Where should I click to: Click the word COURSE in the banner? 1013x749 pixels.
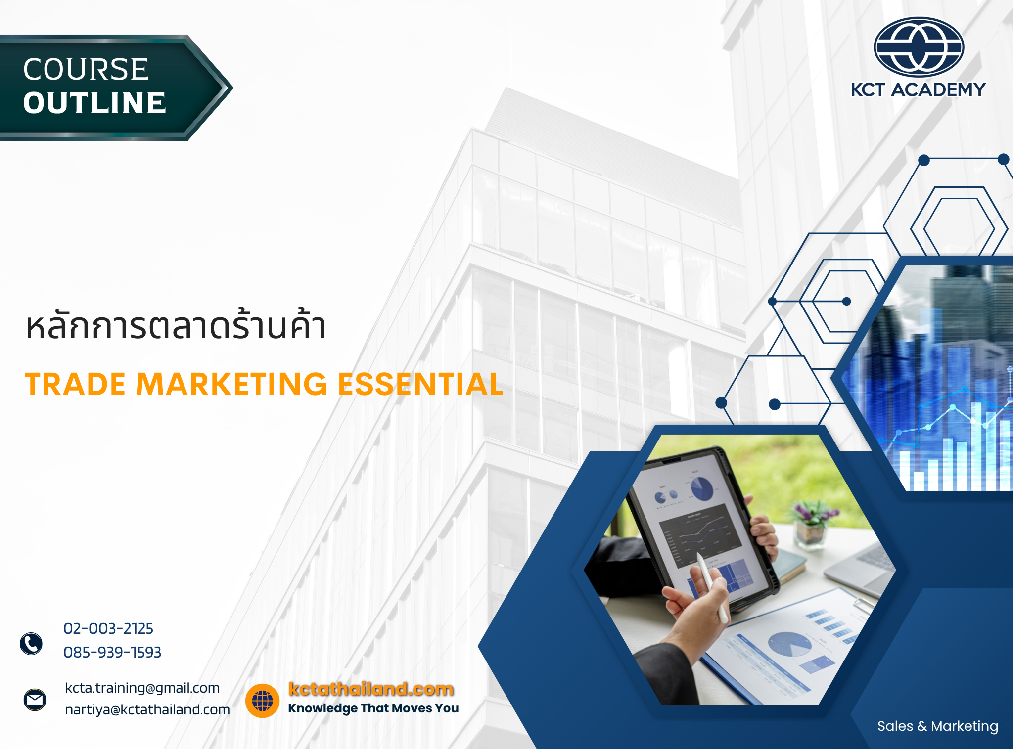(x=86, y=69)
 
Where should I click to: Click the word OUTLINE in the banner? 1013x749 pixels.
(x=94, y=103)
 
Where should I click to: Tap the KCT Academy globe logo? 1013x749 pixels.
(x=919, y=47)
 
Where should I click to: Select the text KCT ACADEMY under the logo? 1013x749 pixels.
(x=918, y=90)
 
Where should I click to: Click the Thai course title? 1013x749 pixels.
(x=176, y=326)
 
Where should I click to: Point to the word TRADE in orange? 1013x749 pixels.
(x=76, y=384)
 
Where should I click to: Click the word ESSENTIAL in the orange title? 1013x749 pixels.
(x=420, y=384)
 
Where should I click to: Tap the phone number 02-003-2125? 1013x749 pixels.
(x=108, y=628)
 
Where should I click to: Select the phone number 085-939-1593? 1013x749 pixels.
(x=112, y=652)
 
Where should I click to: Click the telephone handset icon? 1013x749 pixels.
(x=31, y=643)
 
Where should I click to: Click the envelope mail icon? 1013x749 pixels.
(x=35, y=700)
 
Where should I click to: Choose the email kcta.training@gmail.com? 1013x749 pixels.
(x=142, y=688)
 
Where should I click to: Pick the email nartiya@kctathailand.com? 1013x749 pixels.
(x=147, y=709)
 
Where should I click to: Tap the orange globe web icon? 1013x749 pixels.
(x=262, y=701)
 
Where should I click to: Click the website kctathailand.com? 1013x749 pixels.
(x=371, y=689)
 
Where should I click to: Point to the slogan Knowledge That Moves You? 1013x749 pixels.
(x=373, y=708)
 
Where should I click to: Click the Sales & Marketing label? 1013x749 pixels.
(x=937, y=726)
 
